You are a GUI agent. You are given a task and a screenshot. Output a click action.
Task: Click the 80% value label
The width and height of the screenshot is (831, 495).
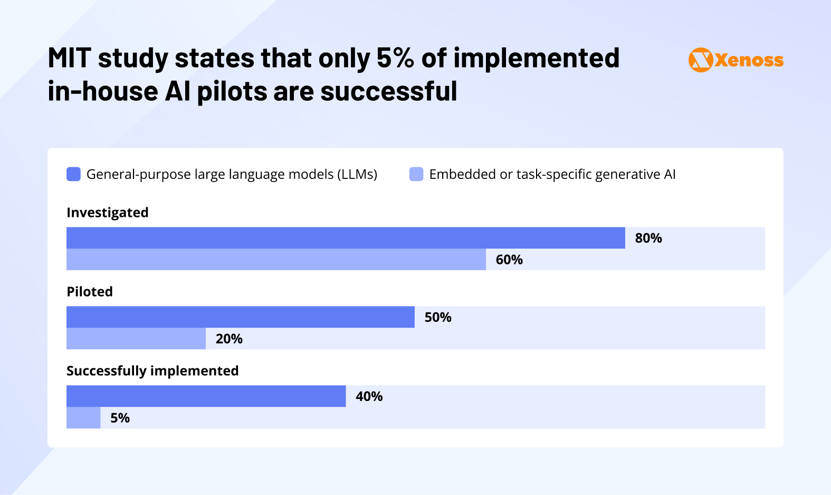[x=648, y=238]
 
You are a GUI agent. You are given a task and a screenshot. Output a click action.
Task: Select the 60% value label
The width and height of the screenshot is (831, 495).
[x=509, y=260]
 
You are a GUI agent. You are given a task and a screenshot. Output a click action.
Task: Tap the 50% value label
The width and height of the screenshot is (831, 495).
[x=437, y=317]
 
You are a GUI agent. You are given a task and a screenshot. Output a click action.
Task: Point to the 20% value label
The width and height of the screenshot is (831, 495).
[x=228, y=339]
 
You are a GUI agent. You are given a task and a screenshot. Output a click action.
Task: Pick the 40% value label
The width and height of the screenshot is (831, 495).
[x=369, y=396]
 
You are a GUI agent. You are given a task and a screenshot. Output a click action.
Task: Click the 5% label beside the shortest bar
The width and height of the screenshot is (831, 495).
[x=120, y=418]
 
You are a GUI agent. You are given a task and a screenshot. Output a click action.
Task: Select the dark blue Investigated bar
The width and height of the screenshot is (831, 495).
[x=346, y=238]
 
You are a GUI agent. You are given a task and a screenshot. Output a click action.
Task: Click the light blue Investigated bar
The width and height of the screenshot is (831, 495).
[x=276, y=260]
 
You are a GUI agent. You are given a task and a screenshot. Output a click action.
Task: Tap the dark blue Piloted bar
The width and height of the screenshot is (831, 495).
[x=240, y=317]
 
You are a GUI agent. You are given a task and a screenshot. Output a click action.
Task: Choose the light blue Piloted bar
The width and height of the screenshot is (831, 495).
[x=136, y=339]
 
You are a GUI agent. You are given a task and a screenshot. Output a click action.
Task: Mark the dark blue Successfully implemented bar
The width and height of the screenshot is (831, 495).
[x=206, y=396]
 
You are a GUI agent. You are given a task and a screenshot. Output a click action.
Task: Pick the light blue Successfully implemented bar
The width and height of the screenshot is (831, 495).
[x=83, y=418]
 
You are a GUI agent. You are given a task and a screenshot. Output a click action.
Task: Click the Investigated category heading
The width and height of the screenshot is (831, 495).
[x=108, y=213]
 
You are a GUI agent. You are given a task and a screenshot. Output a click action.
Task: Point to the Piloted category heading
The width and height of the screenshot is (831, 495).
[x=90, y=292]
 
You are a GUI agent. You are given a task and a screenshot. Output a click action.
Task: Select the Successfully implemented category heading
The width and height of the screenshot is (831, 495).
[x=152, y=371]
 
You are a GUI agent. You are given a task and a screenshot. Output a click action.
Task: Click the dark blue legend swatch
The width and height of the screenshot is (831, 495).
[x=73, y=174]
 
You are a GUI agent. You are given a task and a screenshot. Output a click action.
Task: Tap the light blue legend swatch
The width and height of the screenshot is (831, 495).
[x=416, y=174]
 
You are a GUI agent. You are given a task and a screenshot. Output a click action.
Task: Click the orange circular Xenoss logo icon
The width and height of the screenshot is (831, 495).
[x=701, y=60]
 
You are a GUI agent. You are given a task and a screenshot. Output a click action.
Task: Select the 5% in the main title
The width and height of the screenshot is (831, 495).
[x=395, y=58]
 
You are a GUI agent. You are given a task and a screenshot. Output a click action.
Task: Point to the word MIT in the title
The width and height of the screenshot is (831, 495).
[x=69, y=58]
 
